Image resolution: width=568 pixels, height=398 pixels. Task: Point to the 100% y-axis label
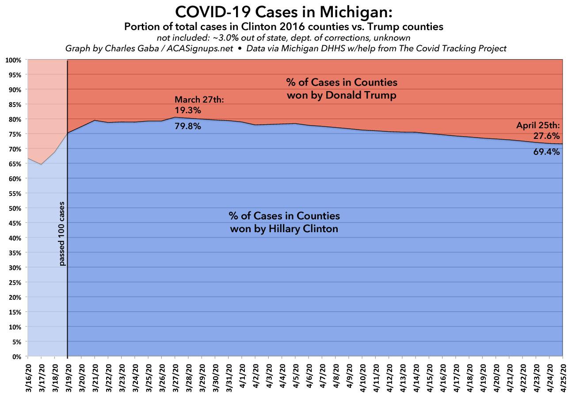pos(14,60)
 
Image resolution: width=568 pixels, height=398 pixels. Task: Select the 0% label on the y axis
pos(16,356)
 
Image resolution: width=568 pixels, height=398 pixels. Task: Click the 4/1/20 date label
pos(242,375)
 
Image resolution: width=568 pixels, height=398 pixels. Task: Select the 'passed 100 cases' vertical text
pos(62,234)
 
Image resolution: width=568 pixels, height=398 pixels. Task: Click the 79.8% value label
pos(188,126)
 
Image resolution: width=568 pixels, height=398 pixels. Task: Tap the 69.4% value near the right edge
pos(548,152)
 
